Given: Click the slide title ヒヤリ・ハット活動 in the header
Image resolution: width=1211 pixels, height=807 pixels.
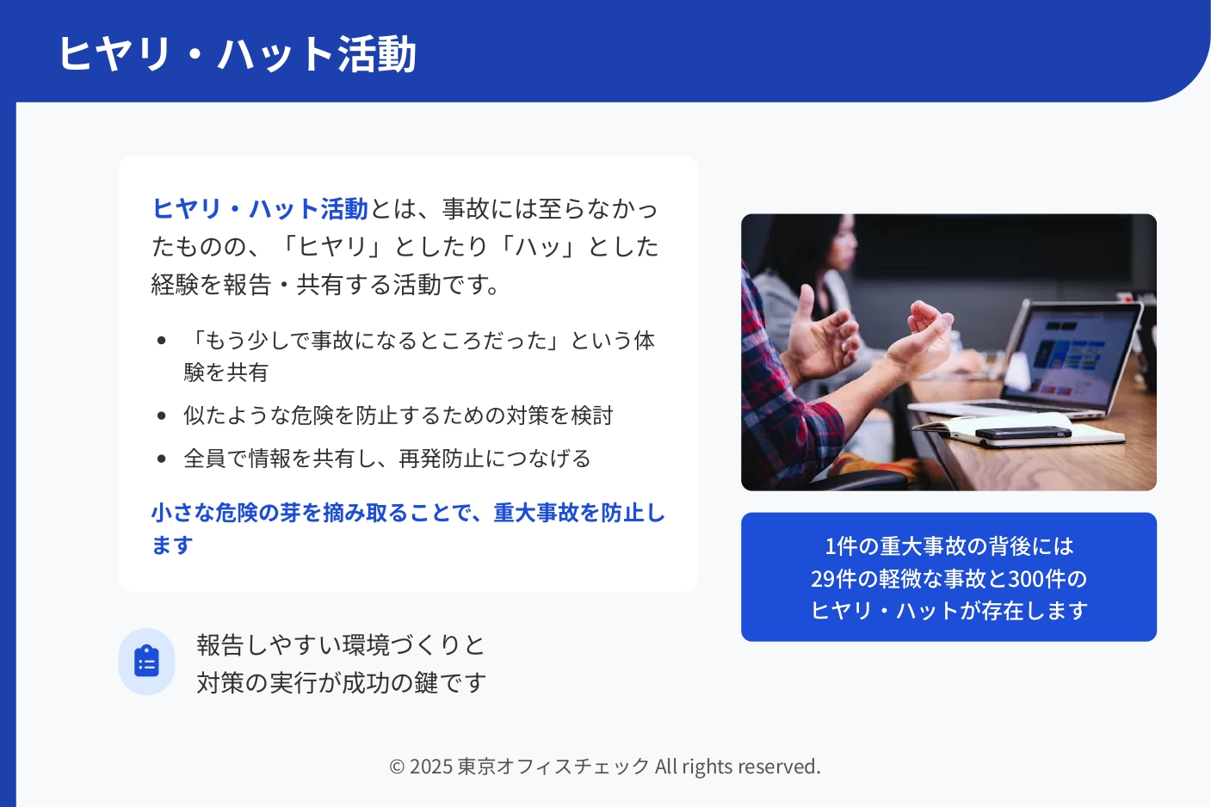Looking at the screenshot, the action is [x=237, y=53].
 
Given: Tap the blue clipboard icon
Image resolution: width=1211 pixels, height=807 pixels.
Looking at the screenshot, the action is [x=146, y=661].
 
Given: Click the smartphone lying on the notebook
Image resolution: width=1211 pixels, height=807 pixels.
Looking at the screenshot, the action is [x=1023, y=433].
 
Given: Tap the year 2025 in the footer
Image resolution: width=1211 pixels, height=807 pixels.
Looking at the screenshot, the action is [x=431, y=767].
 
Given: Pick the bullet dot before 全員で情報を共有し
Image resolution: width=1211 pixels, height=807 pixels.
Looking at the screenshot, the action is [x=161, y=459].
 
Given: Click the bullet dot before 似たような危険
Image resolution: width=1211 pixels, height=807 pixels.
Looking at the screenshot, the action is [x=161, y=416].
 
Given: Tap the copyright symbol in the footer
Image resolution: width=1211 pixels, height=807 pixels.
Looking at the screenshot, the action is [x=397, y=767].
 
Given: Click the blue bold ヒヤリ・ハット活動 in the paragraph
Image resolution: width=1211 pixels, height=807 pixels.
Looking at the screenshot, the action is [x=260, y=209].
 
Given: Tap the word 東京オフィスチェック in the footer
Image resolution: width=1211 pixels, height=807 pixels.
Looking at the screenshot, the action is [x=553, y=767].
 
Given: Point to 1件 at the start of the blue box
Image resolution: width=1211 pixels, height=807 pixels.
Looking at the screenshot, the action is [x=836, y=546].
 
